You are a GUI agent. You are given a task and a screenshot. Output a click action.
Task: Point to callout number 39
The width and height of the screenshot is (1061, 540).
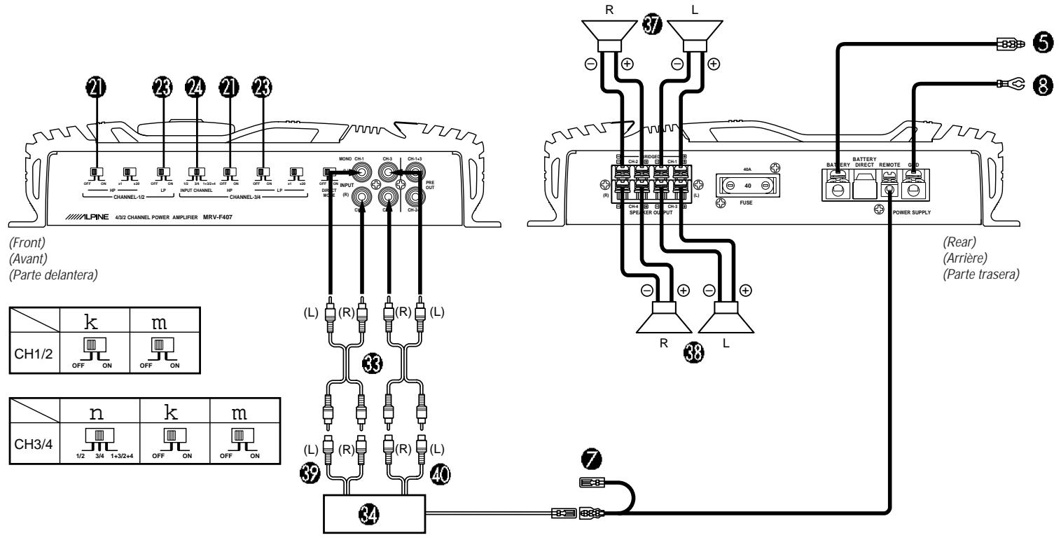311,474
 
